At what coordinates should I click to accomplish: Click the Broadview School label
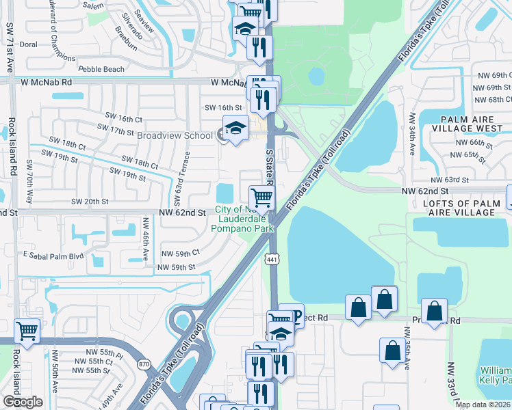pyautogui.click(x=175, y=135)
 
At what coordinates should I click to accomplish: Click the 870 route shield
pyautogui.click(x=142, y=365)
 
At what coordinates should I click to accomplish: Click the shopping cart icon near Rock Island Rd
pyautogui.click(x=27, y=331)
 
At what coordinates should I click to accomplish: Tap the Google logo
pyautogui.click(x=23, y=402)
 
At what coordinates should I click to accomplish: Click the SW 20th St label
pyautogui.click(x=90, y=202)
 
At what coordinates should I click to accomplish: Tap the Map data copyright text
pyautogui.click(x=483, y=405)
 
